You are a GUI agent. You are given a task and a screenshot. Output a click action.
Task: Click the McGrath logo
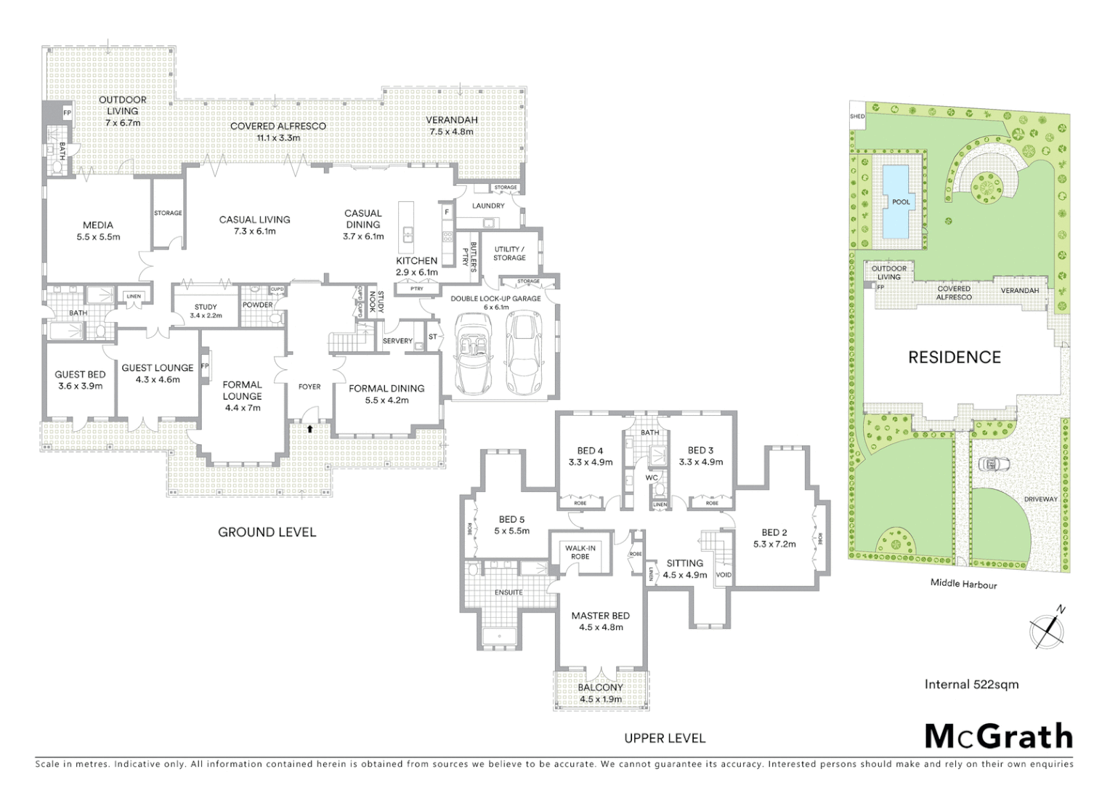click(998, 736)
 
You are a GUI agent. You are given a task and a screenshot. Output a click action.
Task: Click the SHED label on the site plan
click(858, 116)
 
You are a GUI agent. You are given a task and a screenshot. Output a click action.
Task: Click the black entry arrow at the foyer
click(310, 430)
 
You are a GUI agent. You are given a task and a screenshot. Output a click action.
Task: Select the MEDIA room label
click(98, 225)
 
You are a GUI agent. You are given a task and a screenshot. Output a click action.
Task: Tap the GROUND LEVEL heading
click(267, 532)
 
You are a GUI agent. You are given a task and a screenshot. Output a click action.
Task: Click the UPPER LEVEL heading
click(665, 738)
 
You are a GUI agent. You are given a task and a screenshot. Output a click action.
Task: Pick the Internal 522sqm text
click(971, 684)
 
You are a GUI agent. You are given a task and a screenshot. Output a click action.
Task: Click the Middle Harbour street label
click(963, 584)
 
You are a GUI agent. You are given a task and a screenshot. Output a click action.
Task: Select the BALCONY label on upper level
click(600, 688)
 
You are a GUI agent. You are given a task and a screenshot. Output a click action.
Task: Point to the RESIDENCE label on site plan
click(955, 357)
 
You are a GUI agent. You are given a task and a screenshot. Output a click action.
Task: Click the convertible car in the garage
click(474, 353)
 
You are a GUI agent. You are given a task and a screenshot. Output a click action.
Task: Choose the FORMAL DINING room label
click(386, 388)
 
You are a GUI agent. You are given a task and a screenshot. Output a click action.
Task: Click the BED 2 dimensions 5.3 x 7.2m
click(774, 544)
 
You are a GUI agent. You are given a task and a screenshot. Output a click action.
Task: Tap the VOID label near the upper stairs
click(724, 575)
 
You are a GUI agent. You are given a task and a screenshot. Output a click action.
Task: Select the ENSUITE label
click(509, 592)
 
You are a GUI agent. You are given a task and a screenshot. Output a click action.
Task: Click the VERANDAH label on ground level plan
click(451, 120)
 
